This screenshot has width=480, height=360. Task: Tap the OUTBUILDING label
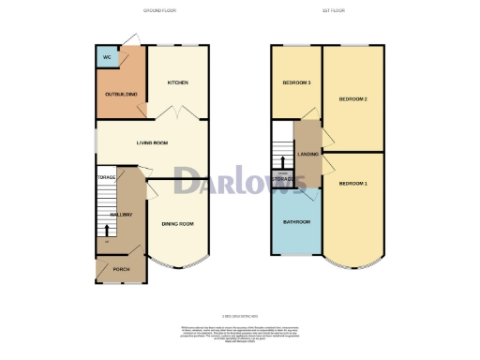click(x=122, y=95)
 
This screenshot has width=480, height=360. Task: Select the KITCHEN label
click(x=178, y=82)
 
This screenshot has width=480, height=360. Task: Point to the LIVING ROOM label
click(x=152, y=143)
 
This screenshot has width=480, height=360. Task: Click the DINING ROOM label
click(x=177, y=223)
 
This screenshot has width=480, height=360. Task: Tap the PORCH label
click(x=121, y=269)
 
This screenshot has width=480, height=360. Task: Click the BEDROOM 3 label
click(x=296, y=83)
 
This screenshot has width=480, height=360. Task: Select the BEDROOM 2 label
click(x=352, y=98)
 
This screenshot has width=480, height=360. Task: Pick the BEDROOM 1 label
click(x=352, y=183)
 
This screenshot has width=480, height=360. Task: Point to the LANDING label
click(x=307, y=154)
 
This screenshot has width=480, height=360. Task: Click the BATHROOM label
click(x=296, y=223)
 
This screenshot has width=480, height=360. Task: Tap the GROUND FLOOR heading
click(x=159, y=10)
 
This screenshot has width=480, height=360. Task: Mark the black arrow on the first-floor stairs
click(x=282, y=160)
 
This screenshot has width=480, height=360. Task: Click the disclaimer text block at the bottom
click(x=239, y=334)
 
